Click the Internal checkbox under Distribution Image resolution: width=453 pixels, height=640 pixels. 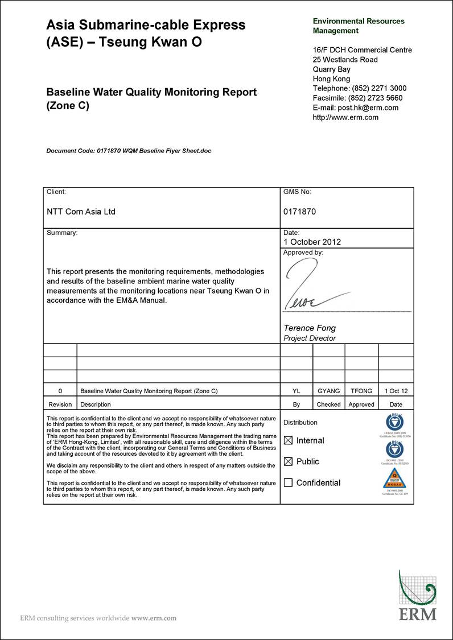288,440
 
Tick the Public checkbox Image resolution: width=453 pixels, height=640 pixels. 288,461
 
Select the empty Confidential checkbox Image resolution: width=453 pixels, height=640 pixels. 288,482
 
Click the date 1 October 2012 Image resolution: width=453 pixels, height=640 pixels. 312,242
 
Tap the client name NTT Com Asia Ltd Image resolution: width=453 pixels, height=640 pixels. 81,212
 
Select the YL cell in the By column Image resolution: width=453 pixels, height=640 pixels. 296,391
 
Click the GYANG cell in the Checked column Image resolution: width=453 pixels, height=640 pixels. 328,391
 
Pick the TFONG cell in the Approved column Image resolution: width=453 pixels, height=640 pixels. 361,391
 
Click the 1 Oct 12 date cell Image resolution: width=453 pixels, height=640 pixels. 396,391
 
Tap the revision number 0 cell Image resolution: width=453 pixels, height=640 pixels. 60,391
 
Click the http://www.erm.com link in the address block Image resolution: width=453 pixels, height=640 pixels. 345,117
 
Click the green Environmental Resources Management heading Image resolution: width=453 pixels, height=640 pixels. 359,26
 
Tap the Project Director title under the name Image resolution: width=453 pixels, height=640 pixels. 310,338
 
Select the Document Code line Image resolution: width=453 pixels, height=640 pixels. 129,151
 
